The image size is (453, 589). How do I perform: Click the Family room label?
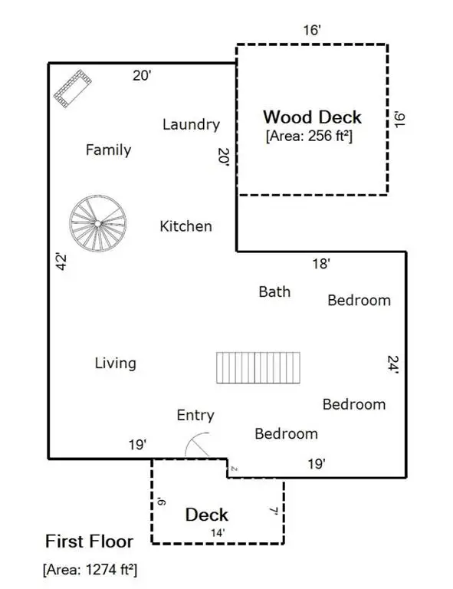click(108, 150)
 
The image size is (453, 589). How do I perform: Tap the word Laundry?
click(191, 124)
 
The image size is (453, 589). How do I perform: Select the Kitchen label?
click(185, 226)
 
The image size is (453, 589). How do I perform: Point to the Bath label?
click(274, 291)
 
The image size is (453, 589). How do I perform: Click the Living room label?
click(116, 363)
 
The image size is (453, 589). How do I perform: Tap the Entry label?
click(195, 415)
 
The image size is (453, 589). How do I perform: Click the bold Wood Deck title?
click(312, 117)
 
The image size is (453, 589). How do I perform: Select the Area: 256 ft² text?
click(309, 137)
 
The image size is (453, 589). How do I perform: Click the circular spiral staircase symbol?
click(98, 223)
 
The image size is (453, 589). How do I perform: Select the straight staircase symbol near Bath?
click(259, 367)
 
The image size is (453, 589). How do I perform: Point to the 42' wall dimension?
click(62, 262)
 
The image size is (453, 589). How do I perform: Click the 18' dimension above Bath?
click(321, 264)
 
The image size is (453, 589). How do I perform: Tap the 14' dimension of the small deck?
click(218, 531)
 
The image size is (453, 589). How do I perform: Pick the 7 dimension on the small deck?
click(274, 510)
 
